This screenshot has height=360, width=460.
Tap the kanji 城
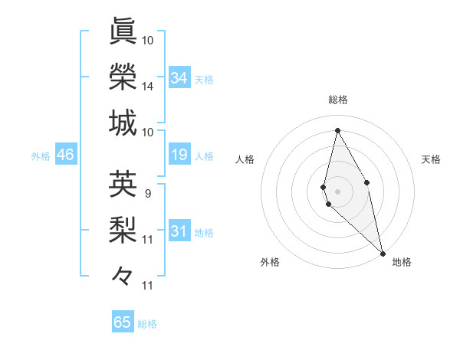tap(123, 123)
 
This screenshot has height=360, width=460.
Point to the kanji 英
tap(123, 183)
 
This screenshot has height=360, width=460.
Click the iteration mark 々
tap(123, 274)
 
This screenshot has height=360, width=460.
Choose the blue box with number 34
tap(179, 78)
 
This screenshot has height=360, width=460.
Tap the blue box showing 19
tap(179, 155)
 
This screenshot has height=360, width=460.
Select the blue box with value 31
tap(179, 231)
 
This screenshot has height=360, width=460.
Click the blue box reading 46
tap(66, 155)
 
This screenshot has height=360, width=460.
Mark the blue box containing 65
tap(123, 322)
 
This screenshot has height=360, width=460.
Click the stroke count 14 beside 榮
tap(148, 87)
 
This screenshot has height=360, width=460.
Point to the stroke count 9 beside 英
tap(147, 193)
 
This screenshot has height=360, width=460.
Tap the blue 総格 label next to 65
tap(147, 324)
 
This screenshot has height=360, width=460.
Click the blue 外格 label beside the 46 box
tap(41, 156)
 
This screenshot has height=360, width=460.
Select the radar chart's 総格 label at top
tap(337, 100)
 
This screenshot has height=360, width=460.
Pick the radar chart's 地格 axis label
tap(402, 262)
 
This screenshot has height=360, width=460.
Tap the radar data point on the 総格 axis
tap(337, 130)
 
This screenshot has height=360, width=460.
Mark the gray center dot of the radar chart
tap(337, 190)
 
